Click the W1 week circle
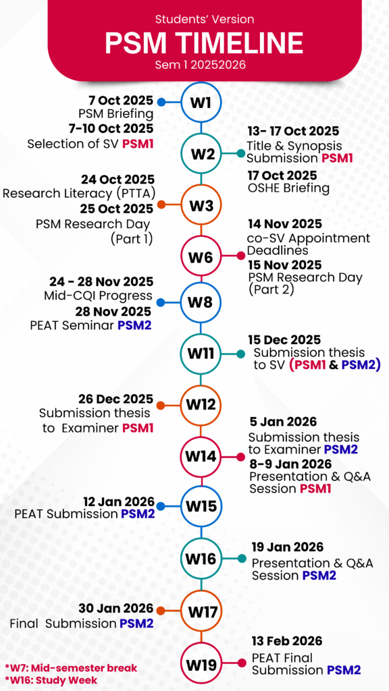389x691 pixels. [201, 103]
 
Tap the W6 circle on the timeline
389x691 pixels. [201, 256]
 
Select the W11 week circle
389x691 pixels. [201, 354]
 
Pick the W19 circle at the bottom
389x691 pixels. [201, 662]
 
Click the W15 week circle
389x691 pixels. [201, 506]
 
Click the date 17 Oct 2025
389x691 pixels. [282, 175]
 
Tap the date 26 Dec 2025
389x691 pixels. [116, 399]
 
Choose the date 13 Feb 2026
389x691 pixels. [287, 640]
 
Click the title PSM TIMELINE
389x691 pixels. [204, 43]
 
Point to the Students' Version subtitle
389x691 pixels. [205, 19]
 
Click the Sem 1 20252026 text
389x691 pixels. [200, 64]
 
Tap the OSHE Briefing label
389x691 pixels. [288, 189]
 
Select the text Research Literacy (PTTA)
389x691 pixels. [78, 193]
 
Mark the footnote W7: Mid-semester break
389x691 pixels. [71, 667]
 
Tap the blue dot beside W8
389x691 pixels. [161, 303]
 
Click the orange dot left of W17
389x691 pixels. [161, 611]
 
